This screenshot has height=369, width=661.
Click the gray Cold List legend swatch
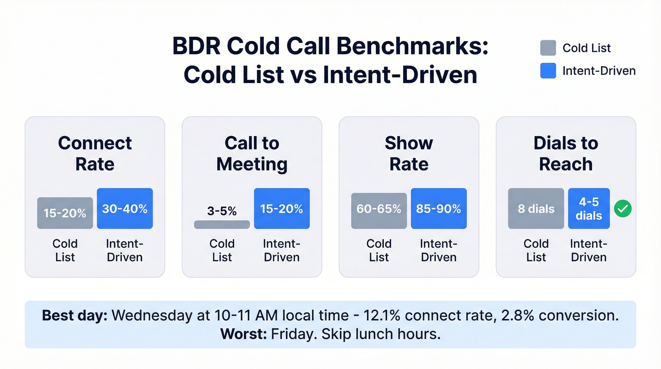[548, 48]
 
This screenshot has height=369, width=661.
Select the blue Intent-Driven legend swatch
[548, 70]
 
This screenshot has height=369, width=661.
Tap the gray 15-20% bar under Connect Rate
[65, 213]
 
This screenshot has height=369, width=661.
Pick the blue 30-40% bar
[125, 208]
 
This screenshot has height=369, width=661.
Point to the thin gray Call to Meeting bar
[222, 224]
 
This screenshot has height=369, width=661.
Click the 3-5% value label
[222, 211]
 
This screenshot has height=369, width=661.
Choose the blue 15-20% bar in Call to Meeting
[282, 208]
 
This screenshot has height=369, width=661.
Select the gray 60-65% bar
[379, 211]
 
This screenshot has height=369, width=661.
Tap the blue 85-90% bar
[439, 208]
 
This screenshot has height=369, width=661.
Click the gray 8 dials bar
[536, 208]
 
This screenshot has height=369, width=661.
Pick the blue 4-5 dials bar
[589, 208]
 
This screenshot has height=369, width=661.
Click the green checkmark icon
[623, 209]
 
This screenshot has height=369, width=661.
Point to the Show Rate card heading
[409, 153]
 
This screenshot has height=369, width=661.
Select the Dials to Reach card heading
[566, 153]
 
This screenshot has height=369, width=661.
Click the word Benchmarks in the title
[413, 48]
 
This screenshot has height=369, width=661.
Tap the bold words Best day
[75, 316]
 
